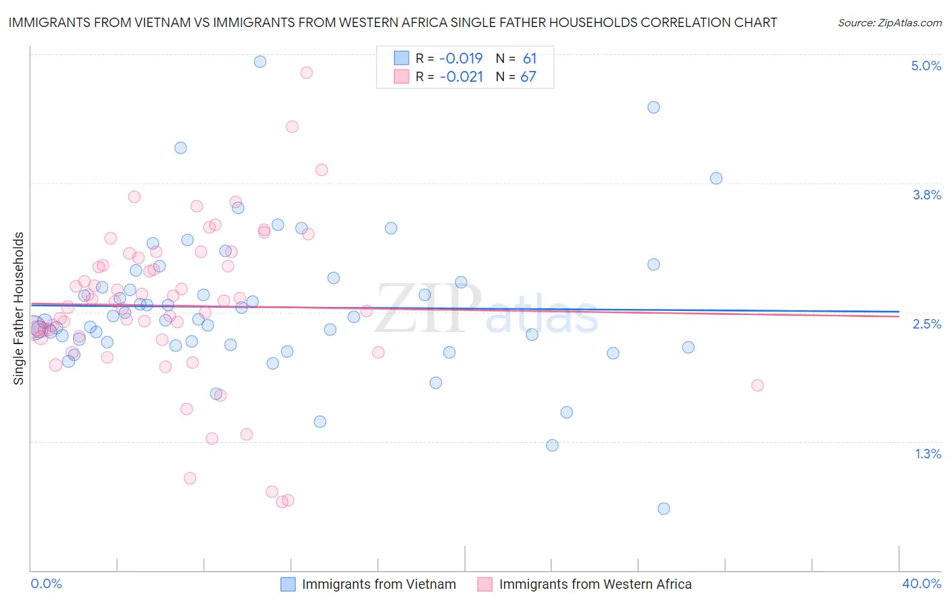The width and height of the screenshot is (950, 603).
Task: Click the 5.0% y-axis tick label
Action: [x=926, y=66]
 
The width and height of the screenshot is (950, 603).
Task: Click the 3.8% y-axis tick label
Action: [x=926, y=195]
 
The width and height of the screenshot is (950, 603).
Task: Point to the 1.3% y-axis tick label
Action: [x=928, y=454]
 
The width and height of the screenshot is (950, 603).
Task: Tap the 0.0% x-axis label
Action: [x=47, y=583]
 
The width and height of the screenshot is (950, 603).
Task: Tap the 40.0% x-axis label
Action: [x=922, y=583]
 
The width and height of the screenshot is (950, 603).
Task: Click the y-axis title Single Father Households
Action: [x=19, y=308]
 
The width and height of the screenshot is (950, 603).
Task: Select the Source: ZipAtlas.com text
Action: [x=889, y=22]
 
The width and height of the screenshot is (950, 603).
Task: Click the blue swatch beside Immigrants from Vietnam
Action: [x=289, y=584]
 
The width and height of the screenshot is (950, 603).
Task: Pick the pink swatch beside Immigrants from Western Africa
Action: [x=485, y=584]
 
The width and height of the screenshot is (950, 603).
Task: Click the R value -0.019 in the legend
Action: [x=461, y=58]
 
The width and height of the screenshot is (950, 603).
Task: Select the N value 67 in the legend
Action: [x=528, y=77]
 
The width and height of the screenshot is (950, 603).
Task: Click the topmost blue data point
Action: [x=260, y=62]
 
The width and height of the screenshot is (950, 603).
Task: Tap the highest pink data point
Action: [x=306, y=72]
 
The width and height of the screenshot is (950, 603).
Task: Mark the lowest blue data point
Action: [x=664, y=508]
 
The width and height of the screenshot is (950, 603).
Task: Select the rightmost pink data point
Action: [x=757, y=385]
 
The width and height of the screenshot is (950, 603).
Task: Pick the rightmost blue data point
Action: [x=716, y=178]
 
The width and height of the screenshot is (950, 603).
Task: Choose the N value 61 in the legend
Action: [x=529, y=58]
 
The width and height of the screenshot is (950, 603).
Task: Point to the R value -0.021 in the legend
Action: [x=461, y=77]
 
